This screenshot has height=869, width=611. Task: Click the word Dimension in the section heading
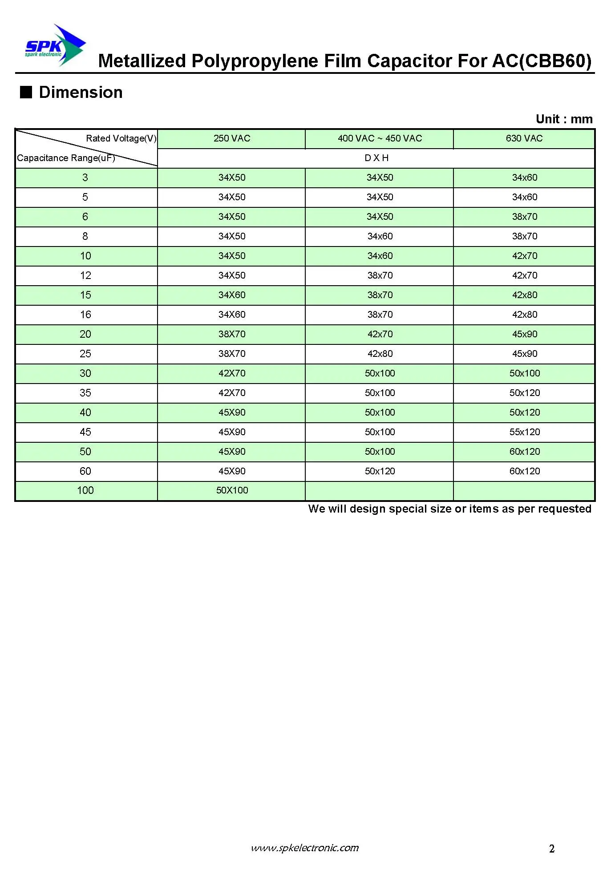[x=81, y=92]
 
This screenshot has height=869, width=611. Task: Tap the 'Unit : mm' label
[x=564, y=119]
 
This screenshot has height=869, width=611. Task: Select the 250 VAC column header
[x=231, y=138]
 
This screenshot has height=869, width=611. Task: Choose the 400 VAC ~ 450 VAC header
[x=379, y=138]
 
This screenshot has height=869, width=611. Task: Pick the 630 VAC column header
[x=524, y=138]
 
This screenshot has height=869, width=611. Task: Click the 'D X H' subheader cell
[x=376, y=158]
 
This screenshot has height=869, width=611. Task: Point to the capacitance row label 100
[x=85, y=490]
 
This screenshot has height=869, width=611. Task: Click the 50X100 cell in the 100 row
[x=232, y=490]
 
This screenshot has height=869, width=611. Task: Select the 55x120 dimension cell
[x=524, y=432]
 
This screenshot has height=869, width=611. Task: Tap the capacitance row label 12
[x=85, y=275]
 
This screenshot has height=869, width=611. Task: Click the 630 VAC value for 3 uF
[x=524, y=178]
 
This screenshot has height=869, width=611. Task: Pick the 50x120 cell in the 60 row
[x=380, y=471]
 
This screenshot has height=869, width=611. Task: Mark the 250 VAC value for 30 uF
[x=232, y=373]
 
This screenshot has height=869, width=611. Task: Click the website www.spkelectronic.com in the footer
[x=305, y=848]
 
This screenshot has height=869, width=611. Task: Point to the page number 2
[x=552, y=849]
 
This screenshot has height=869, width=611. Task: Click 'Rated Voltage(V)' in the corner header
[x=121, y=138]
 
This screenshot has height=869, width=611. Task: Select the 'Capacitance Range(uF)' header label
[x=66, y=158]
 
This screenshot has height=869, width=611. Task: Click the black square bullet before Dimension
[x=26, y=92]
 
